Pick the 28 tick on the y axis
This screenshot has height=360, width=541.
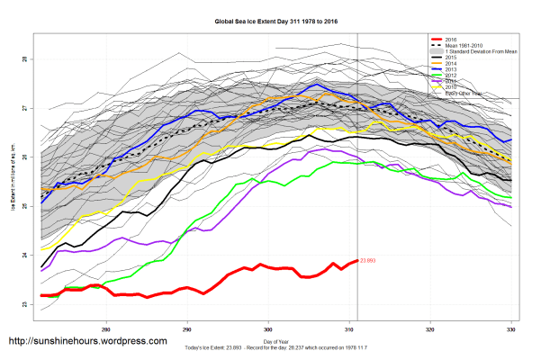(x=24, y=59)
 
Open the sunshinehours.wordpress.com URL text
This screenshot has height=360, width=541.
(x=87, y=341)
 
